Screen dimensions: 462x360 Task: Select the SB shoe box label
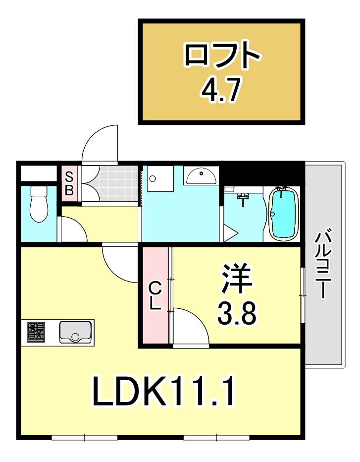(69, 182)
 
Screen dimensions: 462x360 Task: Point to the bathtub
(283, 214)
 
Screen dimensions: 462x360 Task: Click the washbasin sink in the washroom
(201, 175)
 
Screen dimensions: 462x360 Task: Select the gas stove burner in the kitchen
(36, 332)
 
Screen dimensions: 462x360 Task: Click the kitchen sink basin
(75, 332)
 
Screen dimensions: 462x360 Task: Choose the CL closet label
(155, 295)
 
